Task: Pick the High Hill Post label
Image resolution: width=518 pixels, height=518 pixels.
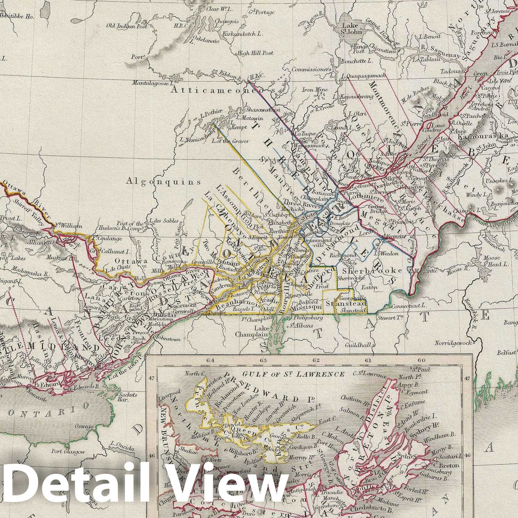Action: (255, 53)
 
